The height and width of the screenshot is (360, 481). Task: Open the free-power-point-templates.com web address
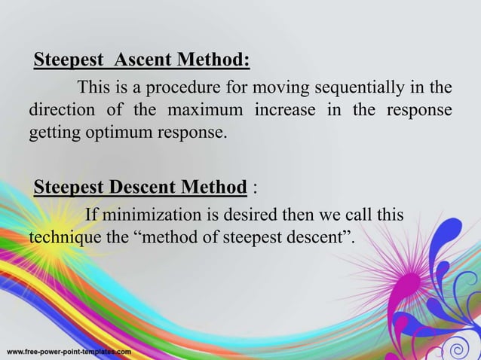[x=69, y=352]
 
